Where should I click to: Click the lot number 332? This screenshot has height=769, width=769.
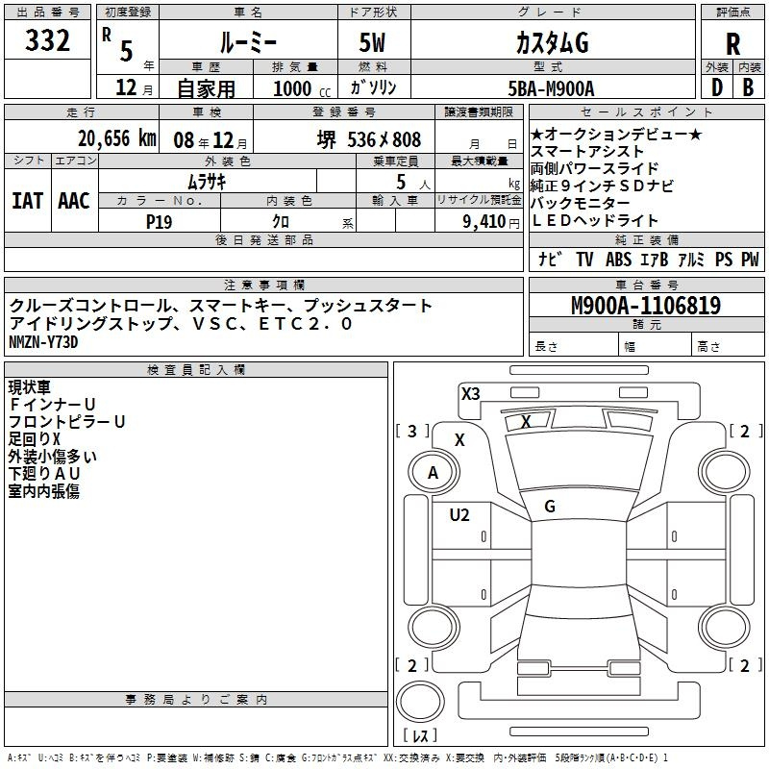coord(47,40)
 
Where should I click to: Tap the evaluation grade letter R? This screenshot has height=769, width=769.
coord(732,44)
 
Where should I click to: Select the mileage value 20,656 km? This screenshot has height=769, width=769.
coord(117,138)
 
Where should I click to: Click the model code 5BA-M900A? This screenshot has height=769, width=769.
coord(551,88)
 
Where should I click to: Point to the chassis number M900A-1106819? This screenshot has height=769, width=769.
coord(646,306)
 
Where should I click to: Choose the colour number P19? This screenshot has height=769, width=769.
coord(159,222)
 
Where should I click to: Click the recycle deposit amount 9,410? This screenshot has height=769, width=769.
coord(484,222)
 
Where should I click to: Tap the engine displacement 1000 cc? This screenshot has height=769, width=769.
coord(302,88)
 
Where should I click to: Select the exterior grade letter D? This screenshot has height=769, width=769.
coord(717,87)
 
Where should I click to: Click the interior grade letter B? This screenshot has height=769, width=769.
coord(748,87)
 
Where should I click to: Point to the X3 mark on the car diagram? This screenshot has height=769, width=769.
coord(471,394)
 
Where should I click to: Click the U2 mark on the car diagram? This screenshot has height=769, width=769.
coord(459,515)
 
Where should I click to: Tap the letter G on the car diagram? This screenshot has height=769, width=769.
coord(550,507)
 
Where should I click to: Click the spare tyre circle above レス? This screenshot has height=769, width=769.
coord(420,702)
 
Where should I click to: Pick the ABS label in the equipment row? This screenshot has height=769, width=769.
coord(618,260)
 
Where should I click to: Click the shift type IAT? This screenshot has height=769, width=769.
coord(28,201)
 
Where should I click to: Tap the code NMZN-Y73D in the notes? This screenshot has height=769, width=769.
coord(43,342)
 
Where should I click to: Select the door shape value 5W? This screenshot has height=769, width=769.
coord(372,42)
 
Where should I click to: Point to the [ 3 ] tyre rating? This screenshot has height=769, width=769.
coord(412,431)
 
